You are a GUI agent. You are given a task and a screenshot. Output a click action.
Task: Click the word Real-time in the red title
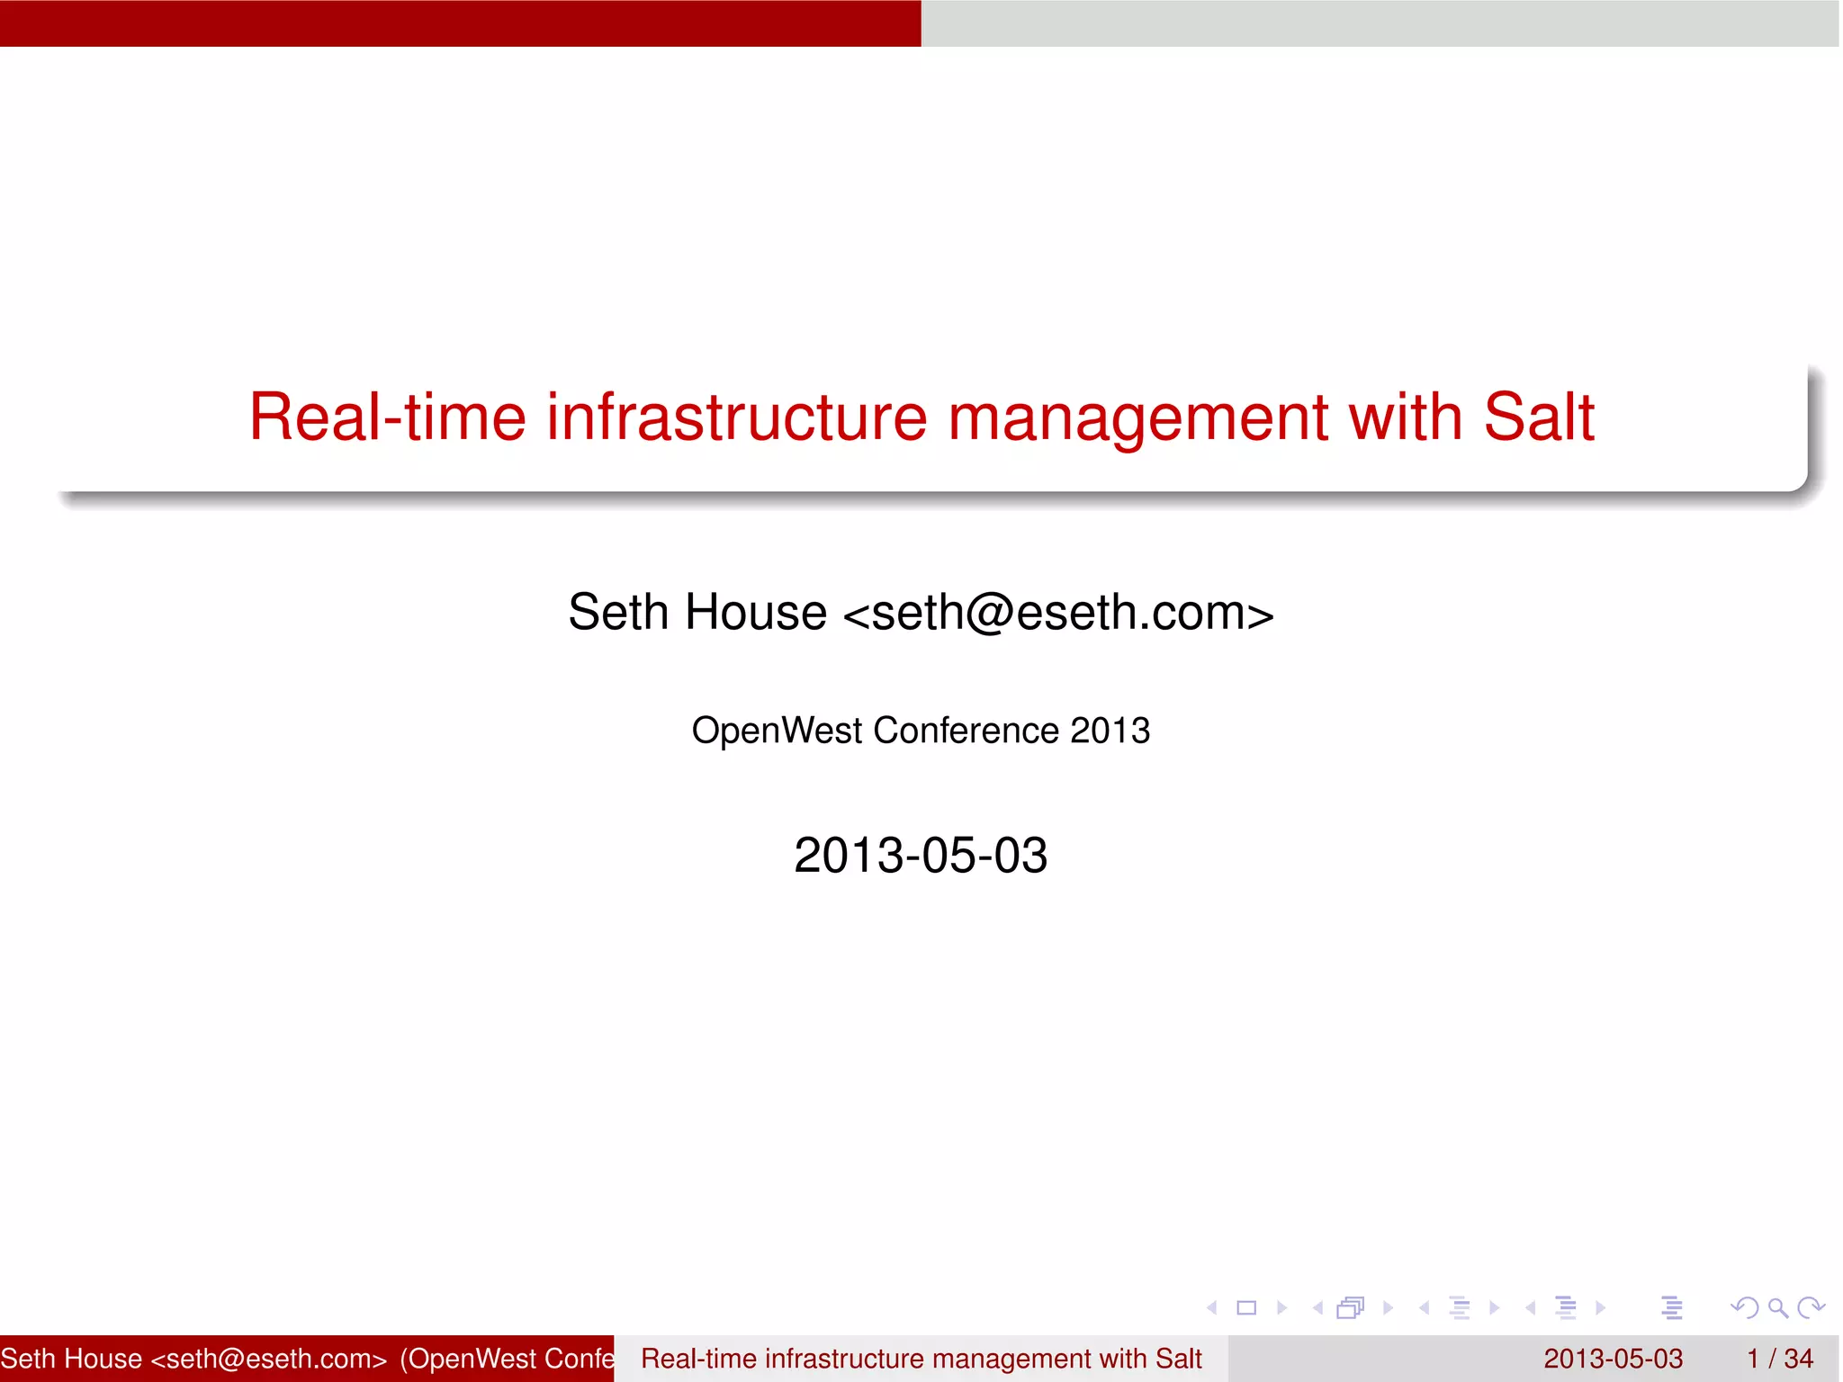tap(387, 417)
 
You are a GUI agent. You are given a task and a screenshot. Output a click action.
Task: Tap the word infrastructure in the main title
tap(736, 417)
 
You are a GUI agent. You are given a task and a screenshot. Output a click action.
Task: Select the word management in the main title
tap(1137, 419)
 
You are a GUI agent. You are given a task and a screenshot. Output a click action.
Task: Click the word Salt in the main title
tap(1538, 417)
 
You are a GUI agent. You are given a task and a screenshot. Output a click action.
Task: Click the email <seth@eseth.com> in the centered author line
tap(1058, 613)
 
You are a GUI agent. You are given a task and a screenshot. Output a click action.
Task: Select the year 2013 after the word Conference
tap(1110, 731)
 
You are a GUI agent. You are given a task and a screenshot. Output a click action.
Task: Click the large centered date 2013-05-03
tap(921, 855)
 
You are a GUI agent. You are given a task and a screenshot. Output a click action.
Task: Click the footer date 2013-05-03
tap(1613, 1359)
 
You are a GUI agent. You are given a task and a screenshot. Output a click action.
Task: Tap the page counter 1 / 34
tap(1780, 1359)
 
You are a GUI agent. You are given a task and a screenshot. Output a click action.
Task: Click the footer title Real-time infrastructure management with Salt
tap(921, 1359)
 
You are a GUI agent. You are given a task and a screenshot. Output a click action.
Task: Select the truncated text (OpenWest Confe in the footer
tap(507, 1359)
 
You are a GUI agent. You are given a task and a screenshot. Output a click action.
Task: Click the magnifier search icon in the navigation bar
tap(1777, 1307)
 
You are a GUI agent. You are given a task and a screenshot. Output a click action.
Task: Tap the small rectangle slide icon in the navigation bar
tap(1246, 1308)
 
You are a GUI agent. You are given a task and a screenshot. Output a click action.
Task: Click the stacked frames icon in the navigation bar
tap(1351, 1307)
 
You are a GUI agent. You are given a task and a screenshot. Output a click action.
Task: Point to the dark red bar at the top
tap(460, 22)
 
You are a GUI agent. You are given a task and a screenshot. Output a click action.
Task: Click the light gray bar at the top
tap(1381, 22)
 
